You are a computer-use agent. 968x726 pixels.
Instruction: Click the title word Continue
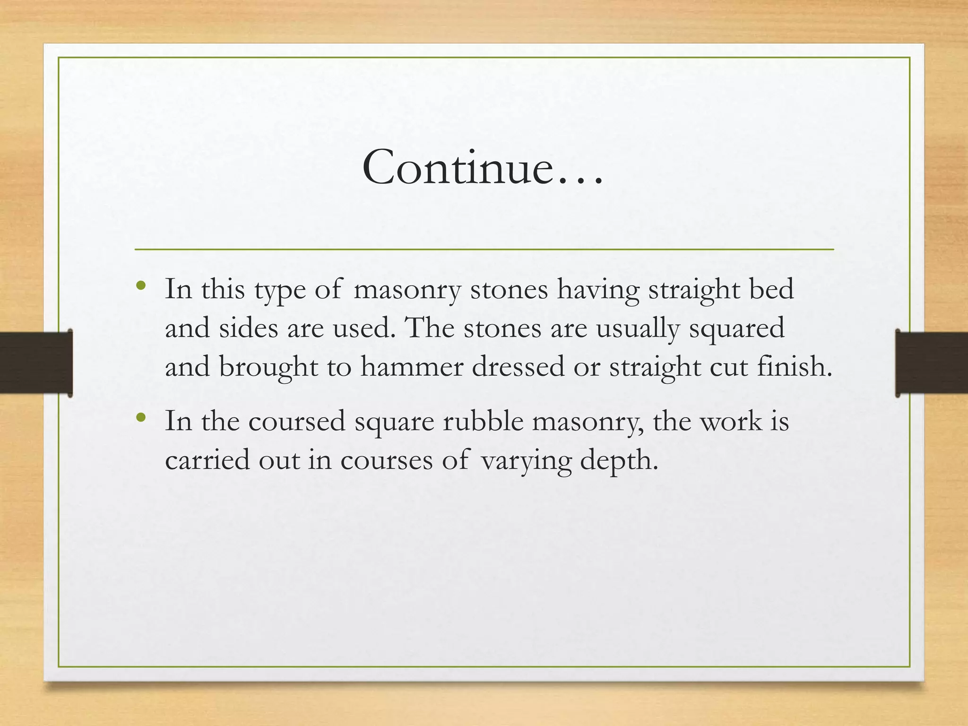tap(482, 168)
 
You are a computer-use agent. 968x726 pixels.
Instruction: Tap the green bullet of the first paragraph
tap(140, 285)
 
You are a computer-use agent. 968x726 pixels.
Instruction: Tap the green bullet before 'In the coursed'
tap(140, 417)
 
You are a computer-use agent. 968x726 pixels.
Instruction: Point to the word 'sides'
tap(248, 328)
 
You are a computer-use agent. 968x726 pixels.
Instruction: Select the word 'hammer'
tap(412, 366)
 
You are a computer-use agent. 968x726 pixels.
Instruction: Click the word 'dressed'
tap(518, 366)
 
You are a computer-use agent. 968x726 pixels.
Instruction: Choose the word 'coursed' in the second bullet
tap(297, 421)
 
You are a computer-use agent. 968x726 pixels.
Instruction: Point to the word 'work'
tap(731, 421)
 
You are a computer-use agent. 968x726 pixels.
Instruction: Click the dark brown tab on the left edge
tap(36, 363)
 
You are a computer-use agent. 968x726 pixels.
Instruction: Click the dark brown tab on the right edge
tap(931, 363)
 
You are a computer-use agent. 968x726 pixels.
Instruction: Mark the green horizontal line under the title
tap(484, 249)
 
